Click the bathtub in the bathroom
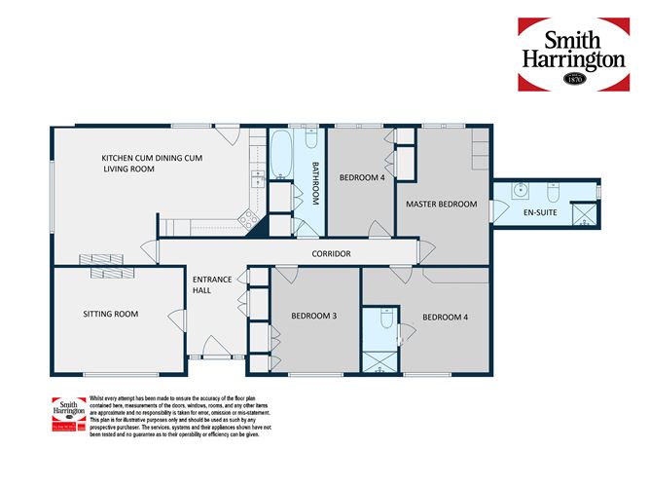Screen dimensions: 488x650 pos(278,155)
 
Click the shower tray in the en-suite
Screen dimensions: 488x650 pos(585,215)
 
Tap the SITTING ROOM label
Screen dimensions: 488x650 pos(110,315)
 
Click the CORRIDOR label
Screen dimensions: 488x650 pos(331,254)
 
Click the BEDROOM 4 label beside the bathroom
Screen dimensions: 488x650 pos(361,178)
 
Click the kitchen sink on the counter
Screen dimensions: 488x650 pos(258,177)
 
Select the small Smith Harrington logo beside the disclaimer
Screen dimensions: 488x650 pos(67,413)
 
